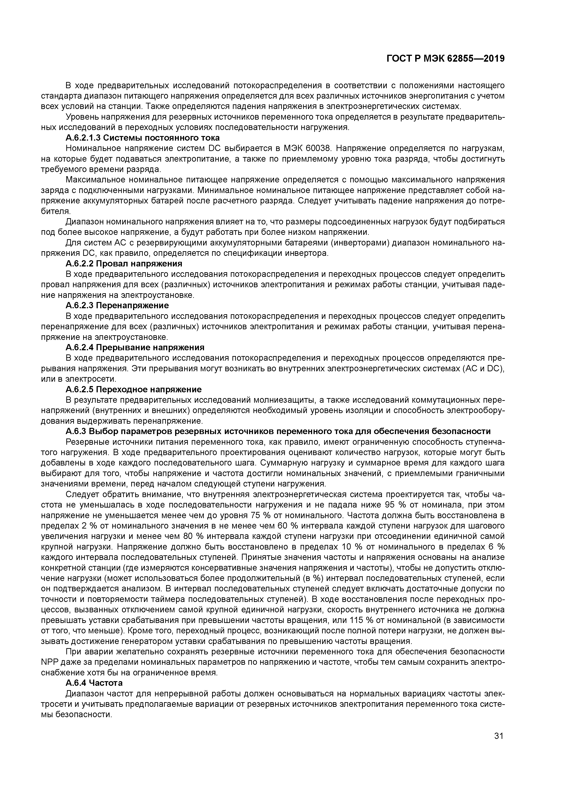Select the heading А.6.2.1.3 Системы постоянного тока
pos(143,138)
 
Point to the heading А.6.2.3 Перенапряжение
pos(117,305)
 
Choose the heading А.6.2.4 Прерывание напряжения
pos(135,348)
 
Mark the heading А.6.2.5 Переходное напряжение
pos(134,390)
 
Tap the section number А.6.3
pos(76,432)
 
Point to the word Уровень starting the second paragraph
pos(81,117)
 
